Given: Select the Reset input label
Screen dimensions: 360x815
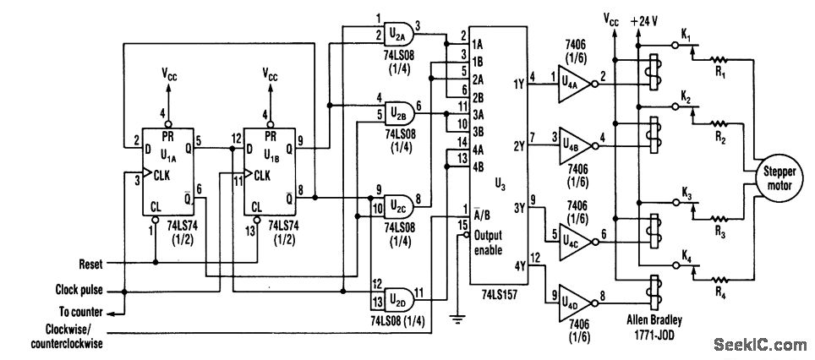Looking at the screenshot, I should point(91,264).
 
